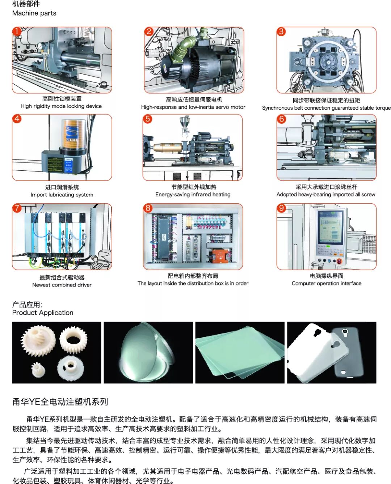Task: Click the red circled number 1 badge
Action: (16, 31)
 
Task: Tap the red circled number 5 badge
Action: (147, 119)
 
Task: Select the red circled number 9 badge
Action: (281, 208)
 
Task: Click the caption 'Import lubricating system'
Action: (62, 195)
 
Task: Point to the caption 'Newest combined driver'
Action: (62, 285)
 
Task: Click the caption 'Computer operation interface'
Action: (327, 283)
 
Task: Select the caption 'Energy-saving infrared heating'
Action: (193, 195)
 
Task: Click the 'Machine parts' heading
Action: (34, 13)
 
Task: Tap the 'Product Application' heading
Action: (43, 313)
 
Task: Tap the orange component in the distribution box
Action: (220, 256)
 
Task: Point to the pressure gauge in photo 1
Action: (41, 46)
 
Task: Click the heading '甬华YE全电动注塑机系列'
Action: (60, 402)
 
